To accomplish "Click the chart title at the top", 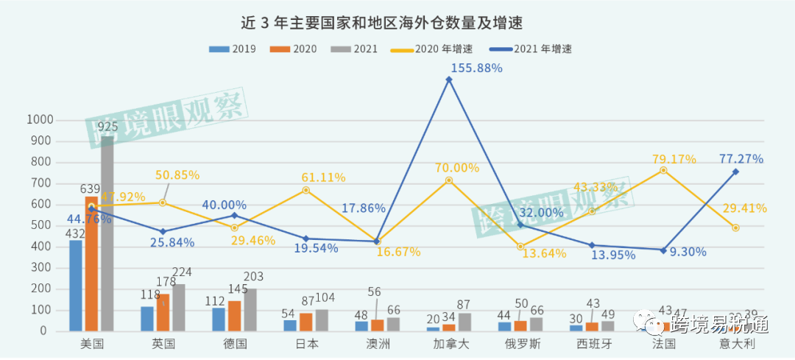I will [x=382, y=22].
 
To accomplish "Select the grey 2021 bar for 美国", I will [x=107, y=236].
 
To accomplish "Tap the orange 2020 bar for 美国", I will [x=91, y=265].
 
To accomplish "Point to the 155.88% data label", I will [x=476, y=68].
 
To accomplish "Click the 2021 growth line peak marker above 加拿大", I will [x=448, y=80].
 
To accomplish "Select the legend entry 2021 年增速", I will [x=535, y=49].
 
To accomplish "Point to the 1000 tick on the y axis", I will [x=40, y=119].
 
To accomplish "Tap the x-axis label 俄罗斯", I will [x=520, y=344].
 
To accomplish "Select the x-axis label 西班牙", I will [x=592, y=344].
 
